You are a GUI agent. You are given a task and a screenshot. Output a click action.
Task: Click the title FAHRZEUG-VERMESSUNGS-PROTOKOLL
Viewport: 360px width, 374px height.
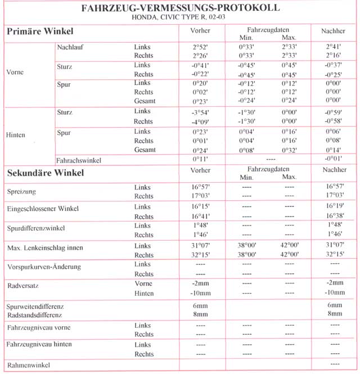click(x=180, y=9)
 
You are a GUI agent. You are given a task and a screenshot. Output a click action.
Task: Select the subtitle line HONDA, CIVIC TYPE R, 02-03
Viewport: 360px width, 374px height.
click(x=180, y=19)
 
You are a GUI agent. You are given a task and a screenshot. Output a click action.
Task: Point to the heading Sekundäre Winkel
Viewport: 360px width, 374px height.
click(x=45, y=173)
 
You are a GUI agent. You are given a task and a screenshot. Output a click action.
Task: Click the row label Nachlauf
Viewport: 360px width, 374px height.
click(x=70, y=47)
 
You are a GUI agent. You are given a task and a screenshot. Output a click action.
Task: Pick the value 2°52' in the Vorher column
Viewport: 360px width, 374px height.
click(x=200, y=47)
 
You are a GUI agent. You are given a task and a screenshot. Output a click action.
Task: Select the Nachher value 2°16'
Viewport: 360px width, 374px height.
click(x=335, y=56)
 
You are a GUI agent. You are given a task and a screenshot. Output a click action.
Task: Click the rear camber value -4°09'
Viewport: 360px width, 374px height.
click(x=200, y=121)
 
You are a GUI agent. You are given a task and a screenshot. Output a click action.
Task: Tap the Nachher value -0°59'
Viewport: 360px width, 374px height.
click(x=335, y=112)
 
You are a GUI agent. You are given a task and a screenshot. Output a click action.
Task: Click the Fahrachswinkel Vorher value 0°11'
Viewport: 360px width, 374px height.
click(x=200, y=160)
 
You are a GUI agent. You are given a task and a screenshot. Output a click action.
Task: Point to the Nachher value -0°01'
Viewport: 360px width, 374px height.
click(x=335, y=160)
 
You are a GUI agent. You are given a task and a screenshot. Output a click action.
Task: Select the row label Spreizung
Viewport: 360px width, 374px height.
click(x=22, y=192)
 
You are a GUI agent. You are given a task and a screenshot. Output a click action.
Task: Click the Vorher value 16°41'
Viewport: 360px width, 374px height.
click(x=200, y=217)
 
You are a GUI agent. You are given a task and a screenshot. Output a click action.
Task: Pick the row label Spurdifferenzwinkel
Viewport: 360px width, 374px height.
click(x=35, y=228)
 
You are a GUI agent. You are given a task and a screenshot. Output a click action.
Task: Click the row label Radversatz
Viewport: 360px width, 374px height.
click(x=22, y=286)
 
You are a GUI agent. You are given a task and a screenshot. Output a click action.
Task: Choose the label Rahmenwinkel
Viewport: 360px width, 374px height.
click(x=28, y=365)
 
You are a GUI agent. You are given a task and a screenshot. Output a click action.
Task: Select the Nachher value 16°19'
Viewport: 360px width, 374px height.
click(x=335, y=207)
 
